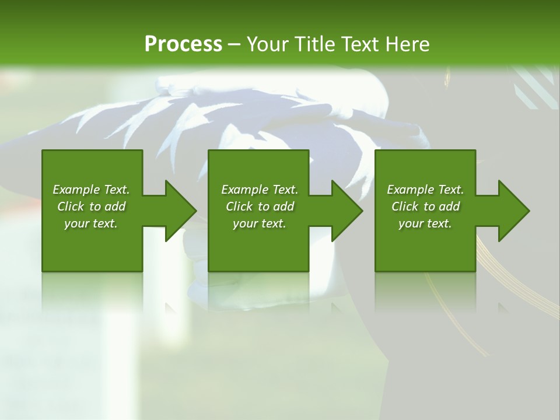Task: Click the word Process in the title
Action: [183, 44]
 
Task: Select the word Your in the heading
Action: [268, 44]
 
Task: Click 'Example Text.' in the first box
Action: [91, 190]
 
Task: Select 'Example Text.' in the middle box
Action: [259, 190]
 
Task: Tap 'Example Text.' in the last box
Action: [425, 190]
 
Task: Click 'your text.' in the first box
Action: [91, 223]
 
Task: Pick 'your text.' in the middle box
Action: [259, 223]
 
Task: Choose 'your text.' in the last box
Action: [425, 223]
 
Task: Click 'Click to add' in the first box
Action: [91, 206]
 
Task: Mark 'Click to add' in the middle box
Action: [259, 206]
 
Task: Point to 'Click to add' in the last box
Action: [425, 206]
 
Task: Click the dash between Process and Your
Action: [234, 44]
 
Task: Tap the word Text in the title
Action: [356, 44]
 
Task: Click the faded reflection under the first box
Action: [92, 292]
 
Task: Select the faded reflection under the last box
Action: [425, 292]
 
